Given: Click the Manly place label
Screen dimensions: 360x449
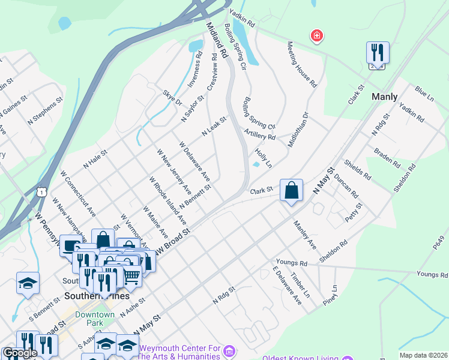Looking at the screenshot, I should tap(385, 96).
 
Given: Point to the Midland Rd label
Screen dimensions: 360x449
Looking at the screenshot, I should tap(217, 41).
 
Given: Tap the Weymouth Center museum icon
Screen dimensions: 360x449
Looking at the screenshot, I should tap(228, 350).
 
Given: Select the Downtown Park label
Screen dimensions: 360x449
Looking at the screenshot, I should tap(95, 319).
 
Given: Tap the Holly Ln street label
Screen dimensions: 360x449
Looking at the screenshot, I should tap(264, 158).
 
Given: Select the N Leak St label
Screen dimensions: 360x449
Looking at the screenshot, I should tap(214, 127).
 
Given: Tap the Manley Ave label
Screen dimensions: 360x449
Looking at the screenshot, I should tap(305, 234).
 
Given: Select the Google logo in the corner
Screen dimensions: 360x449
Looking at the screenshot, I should tap(20, 353).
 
